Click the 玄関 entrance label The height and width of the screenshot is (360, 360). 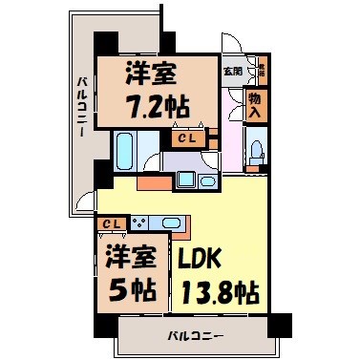(x=232, y=70)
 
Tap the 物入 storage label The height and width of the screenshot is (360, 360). (x=255, y=104)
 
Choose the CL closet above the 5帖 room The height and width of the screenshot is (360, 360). (x=111, y=223)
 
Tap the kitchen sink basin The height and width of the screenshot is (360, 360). (x=171, y=222)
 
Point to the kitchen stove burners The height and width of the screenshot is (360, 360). (x=138, y=222)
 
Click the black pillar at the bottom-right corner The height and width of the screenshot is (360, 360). (x=277, y=323)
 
